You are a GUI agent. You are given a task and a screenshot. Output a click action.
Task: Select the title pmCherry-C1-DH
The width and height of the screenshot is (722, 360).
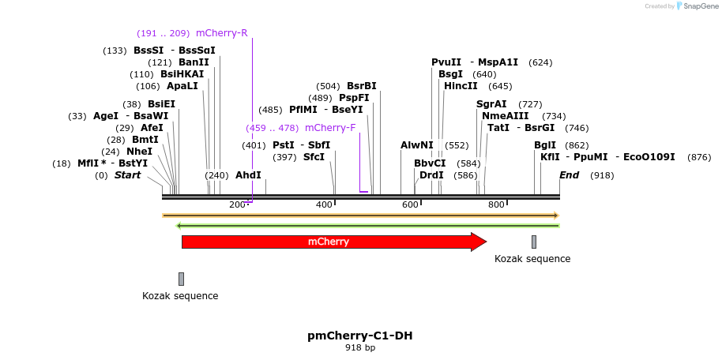[359, 336]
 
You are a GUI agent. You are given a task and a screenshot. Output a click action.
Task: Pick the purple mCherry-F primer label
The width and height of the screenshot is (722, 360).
[329, 128]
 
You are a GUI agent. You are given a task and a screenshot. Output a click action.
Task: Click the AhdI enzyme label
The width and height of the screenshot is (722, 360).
[248, 175]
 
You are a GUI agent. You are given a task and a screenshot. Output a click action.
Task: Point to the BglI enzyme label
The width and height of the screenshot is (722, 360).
[545, 145]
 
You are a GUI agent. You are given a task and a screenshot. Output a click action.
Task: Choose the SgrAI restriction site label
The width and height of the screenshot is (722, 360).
[491, 104]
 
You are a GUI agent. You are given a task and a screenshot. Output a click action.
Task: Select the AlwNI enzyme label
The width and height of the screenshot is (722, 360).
[416, 145]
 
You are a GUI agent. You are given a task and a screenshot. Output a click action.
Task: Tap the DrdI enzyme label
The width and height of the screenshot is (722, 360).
[431, 175]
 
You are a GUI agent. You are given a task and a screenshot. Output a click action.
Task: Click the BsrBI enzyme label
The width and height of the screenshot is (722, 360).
[361, 86]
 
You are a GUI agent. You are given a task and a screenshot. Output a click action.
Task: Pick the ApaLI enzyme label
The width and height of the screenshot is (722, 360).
[182, 86]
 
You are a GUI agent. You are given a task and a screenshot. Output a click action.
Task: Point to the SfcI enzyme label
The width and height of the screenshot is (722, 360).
[314, 157]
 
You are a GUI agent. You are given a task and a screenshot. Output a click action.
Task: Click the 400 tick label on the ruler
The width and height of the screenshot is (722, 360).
[324, 205]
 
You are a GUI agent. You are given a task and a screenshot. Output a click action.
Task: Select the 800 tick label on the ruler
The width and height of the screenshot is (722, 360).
[496, 205]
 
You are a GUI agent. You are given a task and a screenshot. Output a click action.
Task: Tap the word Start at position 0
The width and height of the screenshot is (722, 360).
[127, 175]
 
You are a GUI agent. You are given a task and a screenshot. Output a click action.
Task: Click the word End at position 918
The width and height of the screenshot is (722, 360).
[569, 175]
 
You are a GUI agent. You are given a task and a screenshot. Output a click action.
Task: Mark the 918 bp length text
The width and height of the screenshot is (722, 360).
[359, 347]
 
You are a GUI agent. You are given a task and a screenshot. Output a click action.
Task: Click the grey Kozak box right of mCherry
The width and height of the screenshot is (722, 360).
[534, 242]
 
